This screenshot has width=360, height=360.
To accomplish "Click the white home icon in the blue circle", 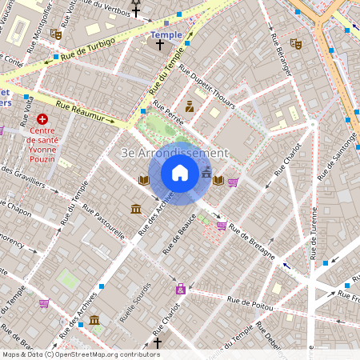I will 180,173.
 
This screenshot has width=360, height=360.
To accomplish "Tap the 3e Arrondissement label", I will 174,152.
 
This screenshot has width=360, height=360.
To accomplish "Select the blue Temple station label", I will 166,35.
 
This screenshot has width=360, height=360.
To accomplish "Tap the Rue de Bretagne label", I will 252,242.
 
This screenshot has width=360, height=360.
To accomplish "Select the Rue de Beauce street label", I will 180,236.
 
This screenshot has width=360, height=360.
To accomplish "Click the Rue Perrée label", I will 168,117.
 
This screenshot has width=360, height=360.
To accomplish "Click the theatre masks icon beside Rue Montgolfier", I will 55,34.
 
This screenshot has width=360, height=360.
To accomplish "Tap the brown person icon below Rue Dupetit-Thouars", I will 190,106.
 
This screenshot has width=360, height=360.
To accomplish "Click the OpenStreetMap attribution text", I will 80,354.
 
